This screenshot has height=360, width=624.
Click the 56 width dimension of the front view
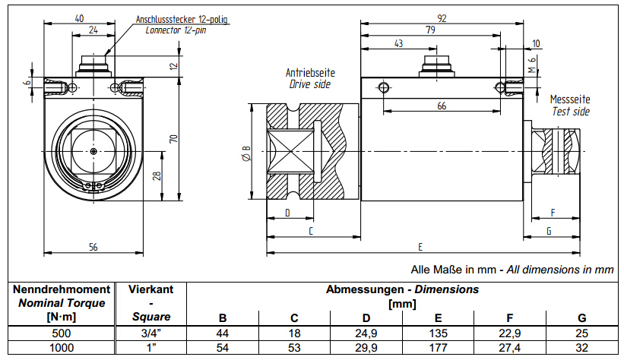[93, 246]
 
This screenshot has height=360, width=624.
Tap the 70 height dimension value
[173, 139]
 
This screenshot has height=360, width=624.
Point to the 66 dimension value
[442, 106]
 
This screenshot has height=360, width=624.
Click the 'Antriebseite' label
[310, 73]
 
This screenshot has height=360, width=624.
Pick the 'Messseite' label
[570, 99]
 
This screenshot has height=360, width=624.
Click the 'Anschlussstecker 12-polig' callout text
[181, 19]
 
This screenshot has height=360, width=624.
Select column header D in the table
[366, 317]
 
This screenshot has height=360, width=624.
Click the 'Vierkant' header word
[150, 289]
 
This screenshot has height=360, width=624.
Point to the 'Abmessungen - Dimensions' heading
[402, 289]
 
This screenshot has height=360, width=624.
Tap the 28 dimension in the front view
[157, 176]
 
